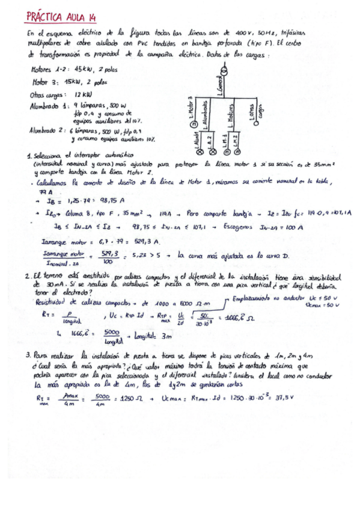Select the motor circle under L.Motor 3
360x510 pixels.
click(x=194, y=124)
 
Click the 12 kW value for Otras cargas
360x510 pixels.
click(x=83, y=95)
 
